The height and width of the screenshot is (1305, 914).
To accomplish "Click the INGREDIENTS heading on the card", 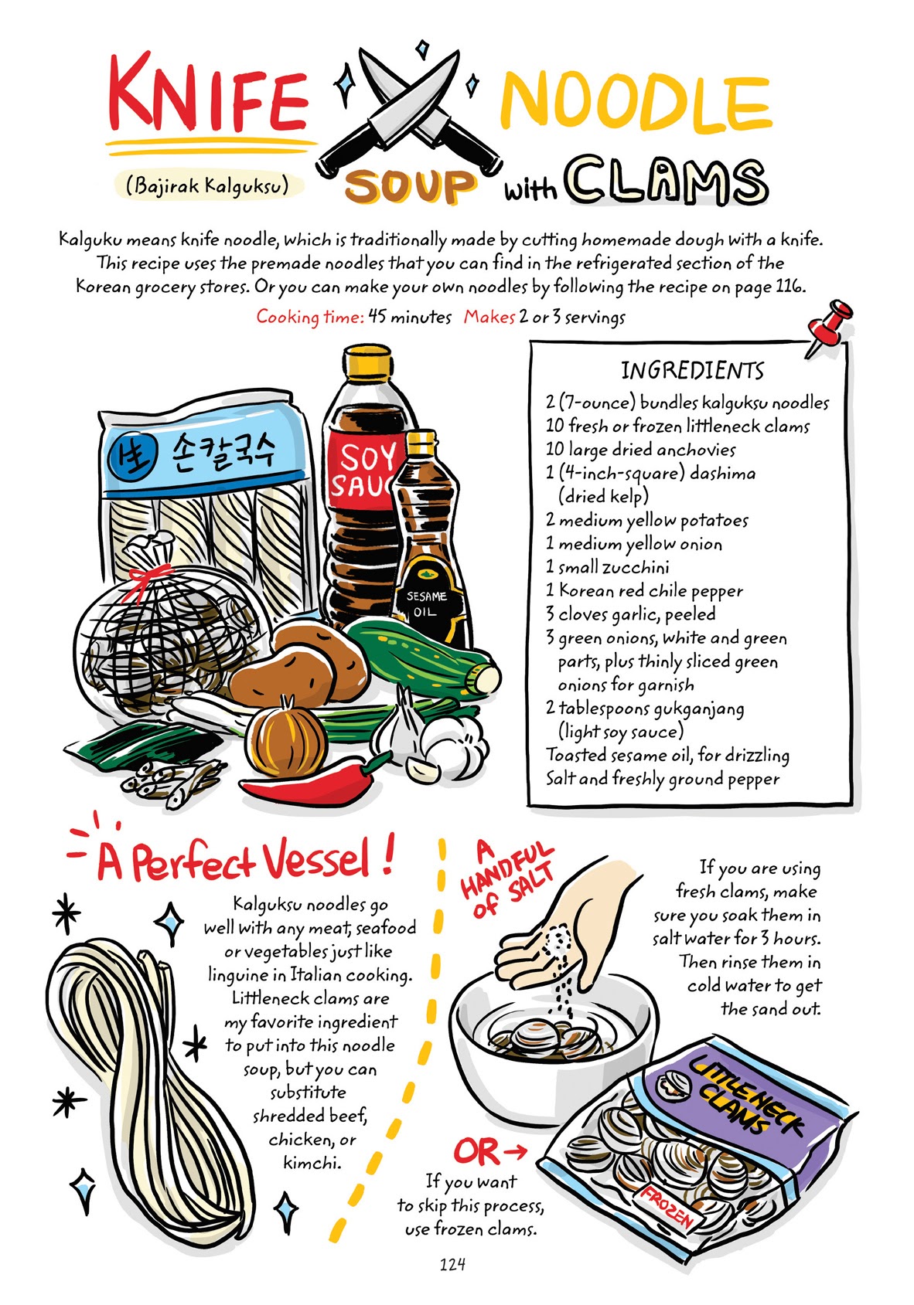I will pyautogui.click(x=692, y=371).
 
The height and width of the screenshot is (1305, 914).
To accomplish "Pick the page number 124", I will pyautogui.click(x=452, y=1265).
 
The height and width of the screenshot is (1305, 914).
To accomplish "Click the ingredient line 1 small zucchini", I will pyautogui.click(x=608, y=567).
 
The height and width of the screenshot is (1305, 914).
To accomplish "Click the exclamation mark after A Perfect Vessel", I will pyautogui.click(x=388, y=855).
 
